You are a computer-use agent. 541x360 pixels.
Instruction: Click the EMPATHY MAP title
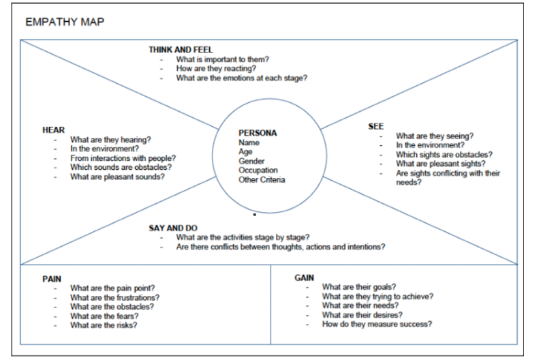coord(65,22)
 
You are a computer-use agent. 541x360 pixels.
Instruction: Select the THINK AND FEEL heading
coord(181,50)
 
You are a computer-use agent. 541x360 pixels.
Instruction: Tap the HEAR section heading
coord(53,130)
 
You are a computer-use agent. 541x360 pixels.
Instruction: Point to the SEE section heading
coord(375,126)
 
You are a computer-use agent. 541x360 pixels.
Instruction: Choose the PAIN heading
coord(52,279)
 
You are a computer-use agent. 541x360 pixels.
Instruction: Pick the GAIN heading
coord(304,277)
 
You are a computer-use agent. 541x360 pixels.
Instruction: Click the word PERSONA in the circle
coord(258,133)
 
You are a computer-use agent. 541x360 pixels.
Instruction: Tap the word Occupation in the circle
coord(258,170)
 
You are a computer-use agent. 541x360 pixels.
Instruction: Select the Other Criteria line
coord(262,179)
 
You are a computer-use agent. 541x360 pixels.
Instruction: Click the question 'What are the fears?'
coord(104,316)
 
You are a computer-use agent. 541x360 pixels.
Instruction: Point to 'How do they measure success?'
coord(377,324)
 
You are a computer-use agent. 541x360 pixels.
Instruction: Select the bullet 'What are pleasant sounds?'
coord(117,177)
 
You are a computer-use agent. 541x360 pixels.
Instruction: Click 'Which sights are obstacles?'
coord(444,154)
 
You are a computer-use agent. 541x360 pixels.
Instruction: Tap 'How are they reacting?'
coord(216,68)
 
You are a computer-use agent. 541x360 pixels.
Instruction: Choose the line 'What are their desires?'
coord(362,315)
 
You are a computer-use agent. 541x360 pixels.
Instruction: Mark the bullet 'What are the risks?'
coord(104,325)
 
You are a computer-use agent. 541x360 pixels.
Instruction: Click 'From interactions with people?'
coord(123,157)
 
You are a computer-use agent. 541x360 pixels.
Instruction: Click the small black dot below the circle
coord(254,214)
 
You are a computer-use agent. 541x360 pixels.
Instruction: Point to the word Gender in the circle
coord(251,161)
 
